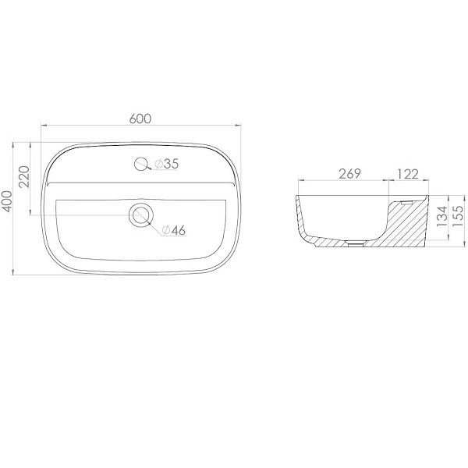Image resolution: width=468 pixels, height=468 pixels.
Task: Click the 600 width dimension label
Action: (140, 119)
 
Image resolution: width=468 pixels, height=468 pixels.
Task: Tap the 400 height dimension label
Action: (8, 202)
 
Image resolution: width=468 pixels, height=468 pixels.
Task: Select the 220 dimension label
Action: (25, 177)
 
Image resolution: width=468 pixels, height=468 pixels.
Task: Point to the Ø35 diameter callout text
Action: (167, 164)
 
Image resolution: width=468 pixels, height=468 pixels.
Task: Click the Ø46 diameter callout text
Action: (174, 230)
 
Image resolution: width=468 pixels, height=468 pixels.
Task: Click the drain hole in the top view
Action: (141, 215)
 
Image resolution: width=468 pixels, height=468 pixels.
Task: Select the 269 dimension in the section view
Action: (349, 174)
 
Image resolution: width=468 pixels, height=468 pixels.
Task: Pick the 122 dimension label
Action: (407, 174)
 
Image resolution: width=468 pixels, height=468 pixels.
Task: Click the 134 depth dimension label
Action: (442, 216)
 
